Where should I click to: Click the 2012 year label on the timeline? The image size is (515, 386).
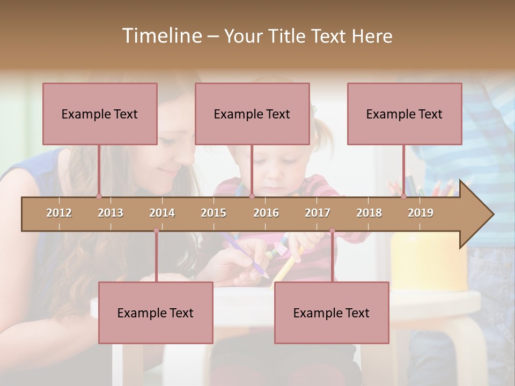[x=59, y=213]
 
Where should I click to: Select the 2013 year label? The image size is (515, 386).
[x=111, y=213]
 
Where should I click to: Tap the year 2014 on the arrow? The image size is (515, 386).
[x=162, y=213]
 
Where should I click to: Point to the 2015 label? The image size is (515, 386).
[x=214, y=213]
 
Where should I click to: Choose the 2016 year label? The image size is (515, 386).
[x=266, y=213]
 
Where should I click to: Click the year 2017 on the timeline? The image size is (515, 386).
[x=318, y=213]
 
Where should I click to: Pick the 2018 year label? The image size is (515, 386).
[x=369, y=213]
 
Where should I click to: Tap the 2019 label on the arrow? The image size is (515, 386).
[x=421, y=213]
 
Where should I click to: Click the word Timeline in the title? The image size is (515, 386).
[x=161, y=36]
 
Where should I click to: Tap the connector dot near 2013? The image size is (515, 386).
[x=99, y=196]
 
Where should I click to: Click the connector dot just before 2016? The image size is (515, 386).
[x=252, y=196]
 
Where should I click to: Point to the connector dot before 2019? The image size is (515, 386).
[x=404, y=196]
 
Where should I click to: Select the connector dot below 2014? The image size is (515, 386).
[x=156, y=231]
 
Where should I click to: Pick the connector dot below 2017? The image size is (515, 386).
[x=332, y=231]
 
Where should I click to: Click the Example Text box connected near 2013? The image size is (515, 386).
[x=100, y=114]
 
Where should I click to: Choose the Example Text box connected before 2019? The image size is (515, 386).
[x=404, y=114]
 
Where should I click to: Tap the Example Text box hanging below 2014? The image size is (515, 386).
[x=156, y=313]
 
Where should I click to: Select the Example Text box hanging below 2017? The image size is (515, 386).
[x=332, y=313]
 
